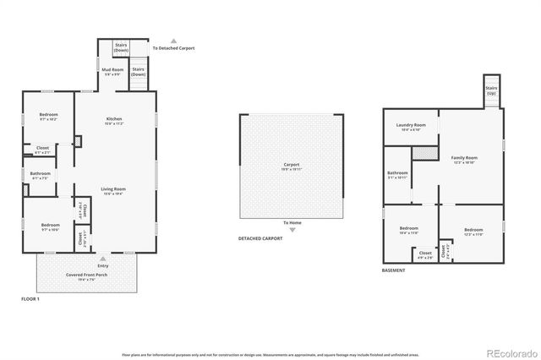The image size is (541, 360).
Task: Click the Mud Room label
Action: point(112,71)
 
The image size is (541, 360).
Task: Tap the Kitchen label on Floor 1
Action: point(114,121)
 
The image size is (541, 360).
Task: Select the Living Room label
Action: point(114,191)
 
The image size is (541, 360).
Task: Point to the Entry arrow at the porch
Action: point(103,259)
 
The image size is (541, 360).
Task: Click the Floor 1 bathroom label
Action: point(41,176)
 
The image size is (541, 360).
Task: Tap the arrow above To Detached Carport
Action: point(173,40)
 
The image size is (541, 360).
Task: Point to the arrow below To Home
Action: point(292,230)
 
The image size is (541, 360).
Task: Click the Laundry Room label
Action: point(411,127)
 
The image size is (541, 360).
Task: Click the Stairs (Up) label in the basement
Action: point(490,90)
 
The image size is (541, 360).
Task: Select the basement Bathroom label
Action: point(397,175)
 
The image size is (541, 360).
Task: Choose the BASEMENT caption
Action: point(393,270)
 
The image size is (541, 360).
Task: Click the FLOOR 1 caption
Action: point(32,299)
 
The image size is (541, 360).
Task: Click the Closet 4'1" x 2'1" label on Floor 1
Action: point(42,150)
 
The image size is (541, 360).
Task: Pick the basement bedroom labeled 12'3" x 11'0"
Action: point(473,232)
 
